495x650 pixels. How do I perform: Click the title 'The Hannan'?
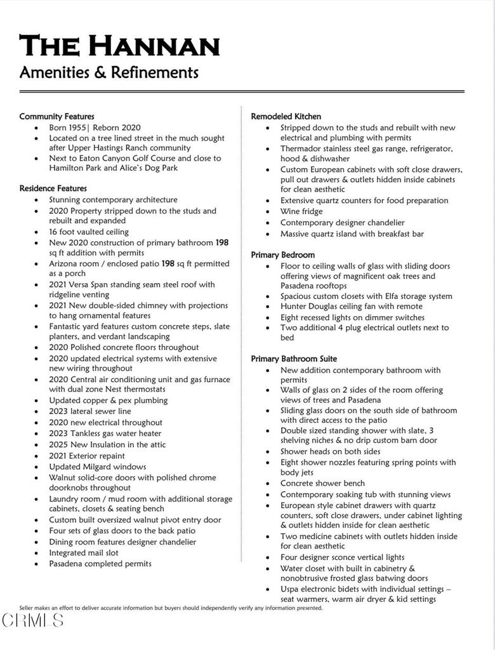[x=119, y=46]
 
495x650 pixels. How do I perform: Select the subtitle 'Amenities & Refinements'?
[x=109, y=72]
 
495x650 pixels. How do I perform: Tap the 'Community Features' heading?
[x=56, y=116]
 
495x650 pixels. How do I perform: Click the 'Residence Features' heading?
[x=53, y=189]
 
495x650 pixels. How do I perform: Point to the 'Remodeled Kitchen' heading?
[x=286, y=116]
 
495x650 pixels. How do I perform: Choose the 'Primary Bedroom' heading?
[x=282, y=255]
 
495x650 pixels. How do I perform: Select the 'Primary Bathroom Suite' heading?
[x=294, y=359]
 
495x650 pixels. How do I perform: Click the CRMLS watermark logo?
[x=32, y=620]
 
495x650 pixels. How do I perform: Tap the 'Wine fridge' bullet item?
[x=301, y=211]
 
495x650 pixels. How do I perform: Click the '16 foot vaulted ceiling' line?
[x=89, y=232]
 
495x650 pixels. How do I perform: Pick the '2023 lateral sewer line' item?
[x=90, y=411]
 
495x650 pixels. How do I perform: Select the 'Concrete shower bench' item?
[x=322, y=483]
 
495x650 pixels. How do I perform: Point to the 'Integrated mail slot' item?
[x=84, y=553]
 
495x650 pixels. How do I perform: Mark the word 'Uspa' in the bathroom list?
[x=291, y=589]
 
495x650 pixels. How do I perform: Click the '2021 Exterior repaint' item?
[x=87, y=456]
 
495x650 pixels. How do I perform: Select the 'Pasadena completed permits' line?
[x=100, y=564]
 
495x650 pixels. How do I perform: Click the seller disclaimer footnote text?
[x=171, y=607]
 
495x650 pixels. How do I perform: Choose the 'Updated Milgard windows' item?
[x=97, y=467]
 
